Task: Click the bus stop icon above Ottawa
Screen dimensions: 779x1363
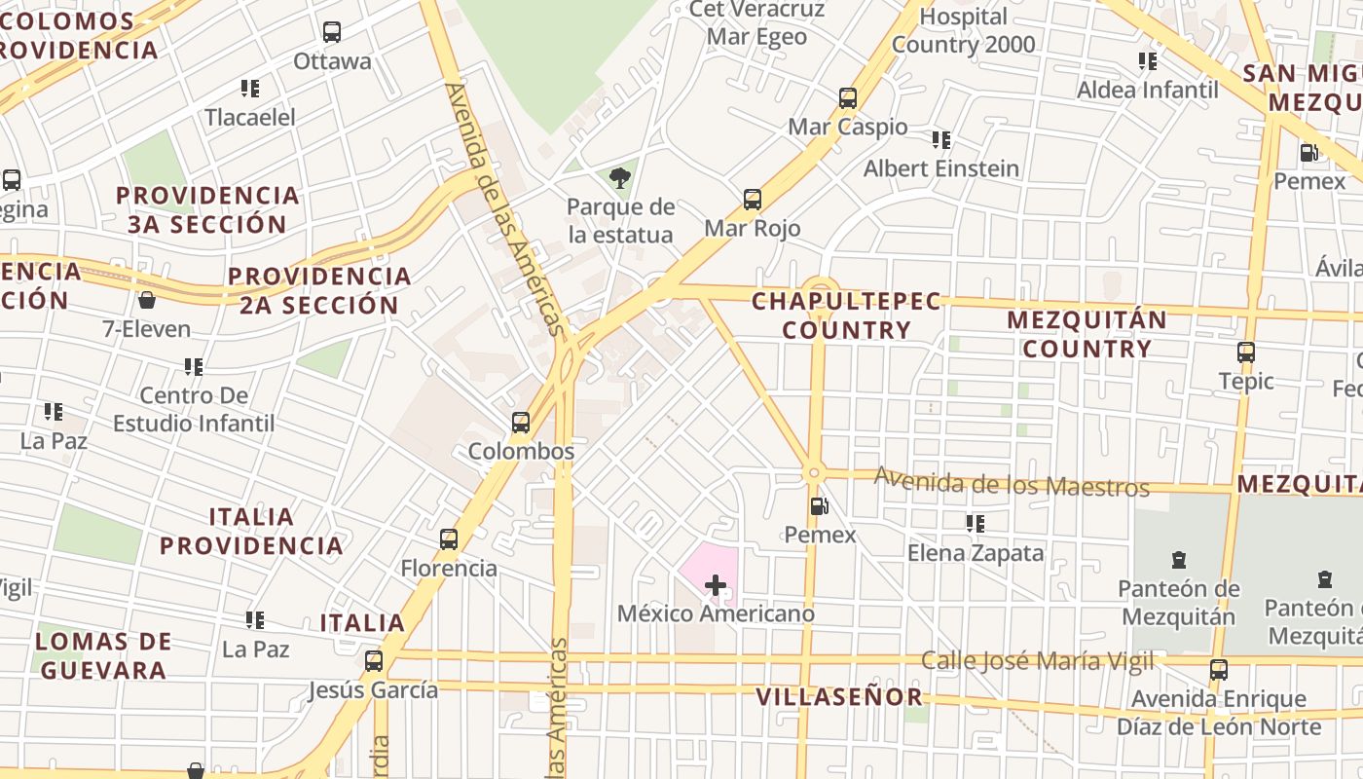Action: pos(332,32)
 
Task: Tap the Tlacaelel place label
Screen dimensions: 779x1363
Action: pos(250,117)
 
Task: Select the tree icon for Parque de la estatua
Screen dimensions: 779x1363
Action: pos(620,177)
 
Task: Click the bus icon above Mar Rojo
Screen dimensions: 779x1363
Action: pos(753,200)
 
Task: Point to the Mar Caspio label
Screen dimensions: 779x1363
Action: pos(847,127)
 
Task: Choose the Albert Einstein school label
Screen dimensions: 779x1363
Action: pos(941,168)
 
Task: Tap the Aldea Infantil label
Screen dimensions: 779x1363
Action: pos(1147,90)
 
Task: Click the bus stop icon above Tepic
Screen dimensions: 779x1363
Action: pos(1246,352)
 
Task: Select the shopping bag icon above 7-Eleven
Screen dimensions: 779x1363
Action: pos(147,300)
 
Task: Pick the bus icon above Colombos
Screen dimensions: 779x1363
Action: pos(521,423)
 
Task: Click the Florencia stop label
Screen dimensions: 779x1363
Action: pos(449,568)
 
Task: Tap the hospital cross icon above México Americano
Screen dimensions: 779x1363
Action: pos(716,585)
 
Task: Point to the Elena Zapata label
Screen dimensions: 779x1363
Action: pos(976,553)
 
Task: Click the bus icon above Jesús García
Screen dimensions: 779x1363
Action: pos(374,662)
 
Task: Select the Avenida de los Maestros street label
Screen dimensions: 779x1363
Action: pos(1012,482)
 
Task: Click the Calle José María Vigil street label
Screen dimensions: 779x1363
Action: pos(1037,661)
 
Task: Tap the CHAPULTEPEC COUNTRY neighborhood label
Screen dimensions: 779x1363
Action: pos(846,315)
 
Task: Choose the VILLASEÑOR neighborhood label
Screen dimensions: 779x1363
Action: pos(839,696)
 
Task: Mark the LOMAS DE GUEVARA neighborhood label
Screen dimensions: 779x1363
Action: pos(103,655)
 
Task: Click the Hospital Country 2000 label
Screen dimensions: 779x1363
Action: pos(964,30)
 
